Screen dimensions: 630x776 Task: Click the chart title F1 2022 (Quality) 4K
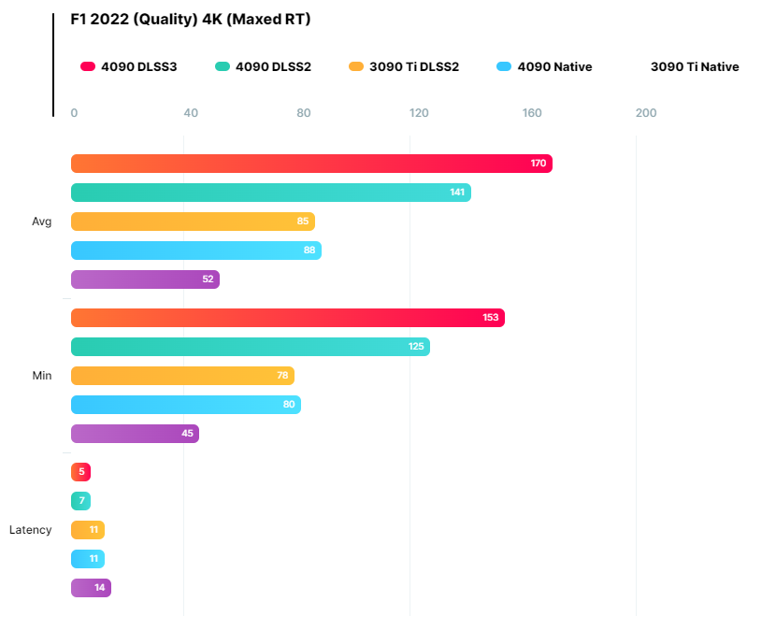pos(191,20)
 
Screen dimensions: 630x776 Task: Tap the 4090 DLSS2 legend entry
pos(262,66)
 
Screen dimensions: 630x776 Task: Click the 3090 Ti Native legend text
pos(694,66)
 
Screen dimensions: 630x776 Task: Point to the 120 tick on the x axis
pos(419,113)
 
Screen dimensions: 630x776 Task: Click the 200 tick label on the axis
pos(646,113)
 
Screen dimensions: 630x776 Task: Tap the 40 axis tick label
pos(191,113)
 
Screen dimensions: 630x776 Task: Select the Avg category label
pos(41,222)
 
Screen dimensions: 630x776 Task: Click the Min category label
pos(41,376)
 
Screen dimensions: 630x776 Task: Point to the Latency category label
pos(31,530)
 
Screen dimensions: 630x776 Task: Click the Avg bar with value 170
pos(311,164)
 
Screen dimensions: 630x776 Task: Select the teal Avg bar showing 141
pos(271,193)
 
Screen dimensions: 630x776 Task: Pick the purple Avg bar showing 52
pos(145,279)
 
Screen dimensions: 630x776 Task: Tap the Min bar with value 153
pos(288,318)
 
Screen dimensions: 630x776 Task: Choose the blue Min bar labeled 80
pos(186,405)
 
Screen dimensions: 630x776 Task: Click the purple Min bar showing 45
pos(135,434)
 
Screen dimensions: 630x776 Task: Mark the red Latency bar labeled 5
pos(80,472)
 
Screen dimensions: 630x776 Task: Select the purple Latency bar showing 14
pos(91,588)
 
